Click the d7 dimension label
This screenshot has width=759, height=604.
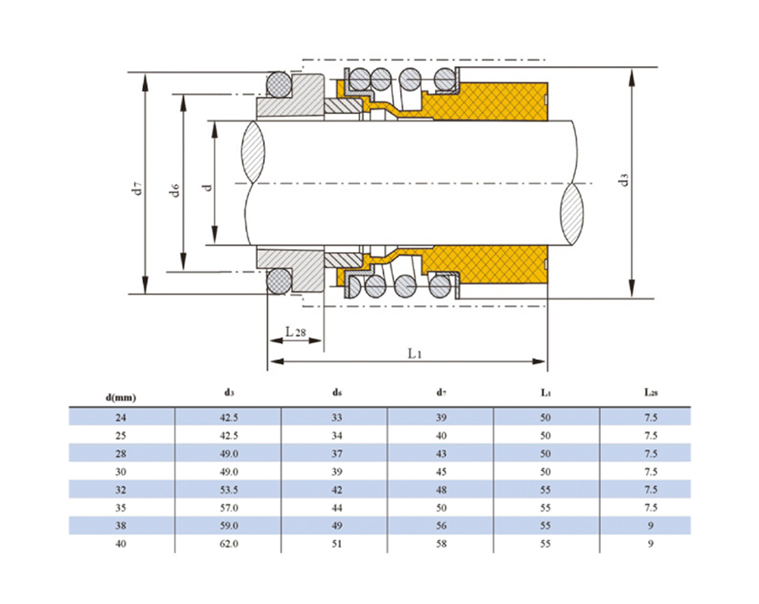(x=138, y=187)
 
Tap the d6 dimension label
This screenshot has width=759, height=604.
(x=175, y=190)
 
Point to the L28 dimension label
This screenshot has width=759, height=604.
(x=295, y=332)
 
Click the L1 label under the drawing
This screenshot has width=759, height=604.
(x=415, y=354)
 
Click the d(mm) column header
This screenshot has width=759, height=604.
(x=121, y=398)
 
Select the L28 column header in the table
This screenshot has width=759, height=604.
(x=651, y=392)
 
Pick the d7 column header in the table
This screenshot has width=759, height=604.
(x=441, y=392)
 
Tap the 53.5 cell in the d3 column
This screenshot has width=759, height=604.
(x=229, y=489)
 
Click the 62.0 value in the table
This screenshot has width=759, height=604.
(x=229, y=544)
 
